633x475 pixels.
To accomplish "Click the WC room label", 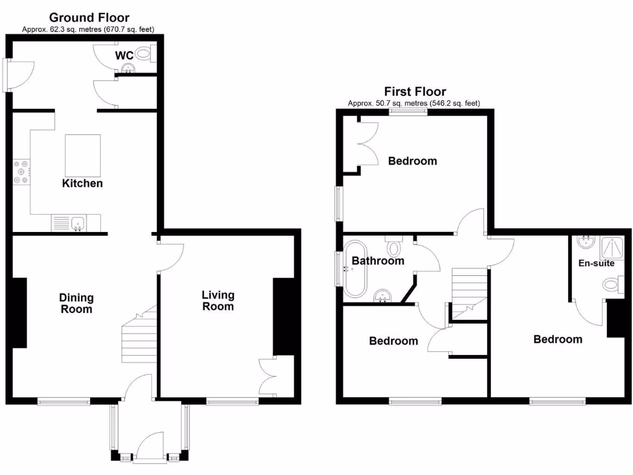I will pos(124,56).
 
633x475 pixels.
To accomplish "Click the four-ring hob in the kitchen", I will pos(21,172).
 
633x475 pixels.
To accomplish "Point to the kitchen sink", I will pos(77,222).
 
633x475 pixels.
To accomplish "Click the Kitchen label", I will pos(82,184).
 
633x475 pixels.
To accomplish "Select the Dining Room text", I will pos(76,304).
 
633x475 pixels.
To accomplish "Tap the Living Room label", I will pos(218,301).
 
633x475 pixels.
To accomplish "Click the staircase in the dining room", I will pos(137,337).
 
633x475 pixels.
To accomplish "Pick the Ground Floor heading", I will pos(89,17).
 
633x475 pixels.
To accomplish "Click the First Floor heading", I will pos(415,92).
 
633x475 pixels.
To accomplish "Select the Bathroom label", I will pos(378,261).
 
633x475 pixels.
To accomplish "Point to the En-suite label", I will pos(596,263).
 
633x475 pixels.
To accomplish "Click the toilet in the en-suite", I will pos(611,285).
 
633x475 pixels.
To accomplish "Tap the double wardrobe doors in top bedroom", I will pos(367,143).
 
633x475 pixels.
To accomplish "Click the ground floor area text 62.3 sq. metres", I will pos(88,29).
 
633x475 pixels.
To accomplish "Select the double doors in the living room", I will pos(268,376).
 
